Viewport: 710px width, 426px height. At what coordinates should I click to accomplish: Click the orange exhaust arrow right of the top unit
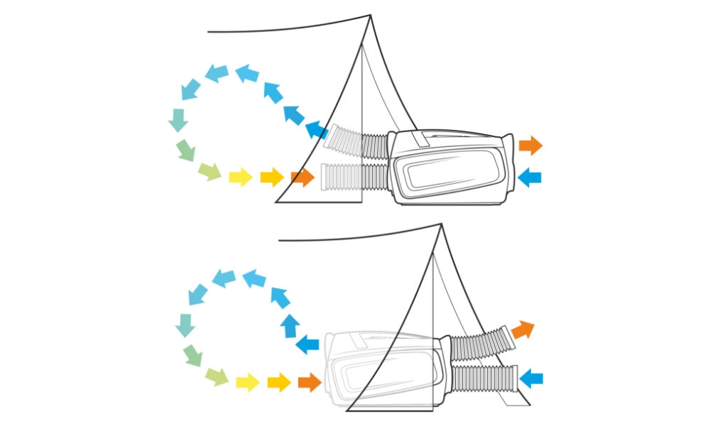click(530, 146)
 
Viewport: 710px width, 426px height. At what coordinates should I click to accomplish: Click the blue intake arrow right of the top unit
click(530, 177)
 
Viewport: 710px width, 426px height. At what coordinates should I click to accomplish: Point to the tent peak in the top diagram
click(370, 16)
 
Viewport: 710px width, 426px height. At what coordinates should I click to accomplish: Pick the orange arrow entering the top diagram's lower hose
click(302, 177)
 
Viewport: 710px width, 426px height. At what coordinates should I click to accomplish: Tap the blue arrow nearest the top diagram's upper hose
click(317, 130)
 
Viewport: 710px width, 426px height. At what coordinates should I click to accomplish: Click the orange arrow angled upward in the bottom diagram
click(522, 329)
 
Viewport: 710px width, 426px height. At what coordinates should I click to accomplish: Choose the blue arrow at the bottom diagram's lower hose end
click(530, 378)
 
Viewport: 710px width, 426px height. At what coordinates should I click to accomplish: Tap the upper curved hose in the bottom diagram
click(479, 344)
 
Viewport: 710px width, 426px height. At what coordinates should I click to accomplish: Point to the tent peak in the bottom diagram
click(441, 225)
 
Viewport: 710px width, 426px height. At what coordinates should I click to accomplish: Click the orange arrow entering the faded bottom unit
click(310, 383)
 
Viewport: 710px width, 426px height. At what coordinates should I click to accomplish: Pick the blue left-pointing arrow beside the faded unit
click(307, 345)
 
